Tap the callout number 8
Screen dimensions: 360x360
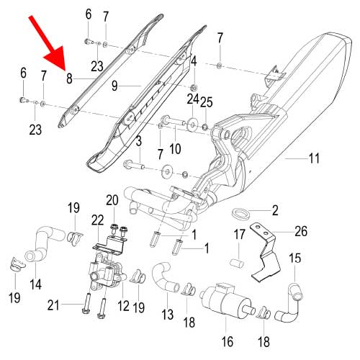(x=69, y=78)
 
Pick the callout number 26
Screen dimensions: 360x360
(x=301, y=232)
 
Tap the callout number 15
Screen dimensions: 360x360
(x=295, y=258)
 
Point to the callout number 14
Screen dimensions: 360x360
(x=35, y=284)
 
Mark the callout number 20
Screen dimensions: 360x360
(x=112, y=199)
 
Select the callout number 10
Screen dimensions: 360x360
(x=175, y=150)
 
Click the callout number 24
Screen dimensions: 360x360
(x=193, y=97)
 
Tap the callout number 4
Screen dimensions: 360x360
(x=194, y=62)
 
